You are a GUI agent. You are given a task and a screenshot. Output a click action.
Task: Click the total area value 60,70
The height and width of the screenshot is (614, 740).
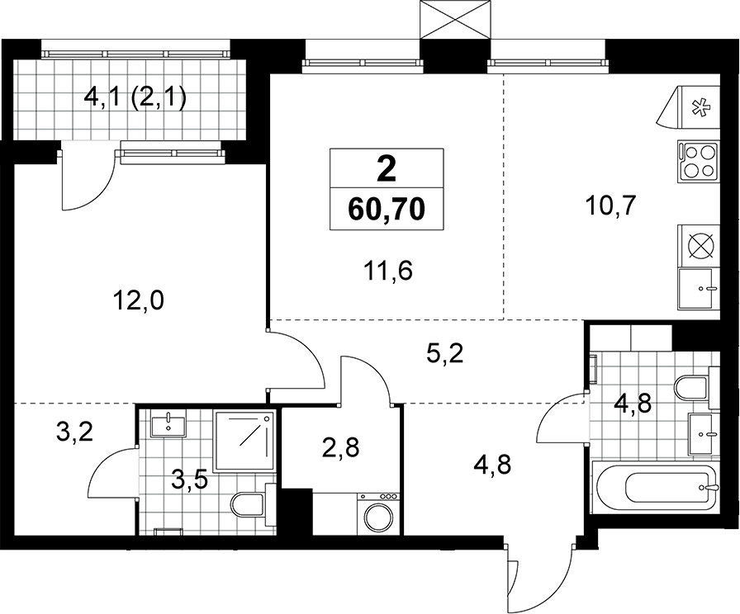pos(387,210)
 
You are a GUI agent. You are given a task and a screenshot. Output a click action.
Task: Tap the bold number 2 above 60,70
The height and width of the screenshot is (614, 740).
pos(387,170)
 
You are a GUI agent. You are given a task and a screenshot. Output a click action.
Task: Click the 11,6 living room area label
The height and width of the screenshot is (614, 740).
pos(388,272)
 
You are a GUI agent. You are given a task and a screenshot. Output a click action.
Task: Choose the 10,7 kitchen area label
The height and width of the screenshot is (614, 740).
pos(610,205)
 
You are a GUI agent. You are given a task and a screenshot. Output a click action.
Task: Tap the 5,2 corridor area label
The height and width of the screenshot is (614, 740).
pos(444,354)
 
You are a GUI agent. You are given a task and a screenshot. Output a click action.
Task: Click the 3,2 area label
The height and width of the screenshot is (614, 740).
pos(74,432)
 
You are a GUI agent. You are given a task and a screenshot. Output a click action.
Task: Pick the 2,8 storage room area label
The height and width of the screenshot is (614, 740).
pos(341,447)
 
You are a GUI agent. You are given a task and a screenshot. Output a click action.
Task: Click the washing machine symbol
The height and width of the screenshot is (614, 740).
pos(379,513)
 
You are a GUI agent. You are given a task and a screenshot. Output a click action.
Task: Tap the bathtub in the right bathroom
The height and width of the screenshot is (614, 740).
pos(657,488)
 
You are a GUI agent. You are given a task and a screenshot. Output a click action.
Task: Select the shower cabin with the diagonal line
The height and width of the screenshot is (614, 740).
pos(244,441)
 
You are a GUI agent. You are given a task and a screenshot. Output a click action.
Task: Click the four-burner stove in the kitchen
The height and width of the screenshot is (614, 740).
pos(699,161)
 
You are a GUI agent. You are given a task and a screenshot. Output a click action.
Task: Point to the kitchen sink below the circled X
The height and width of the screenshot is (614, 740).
pos(699,289)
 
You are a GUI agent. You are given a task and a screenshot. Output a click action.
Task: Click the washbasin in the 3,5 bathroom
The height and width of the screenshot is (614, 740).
pos(169,423)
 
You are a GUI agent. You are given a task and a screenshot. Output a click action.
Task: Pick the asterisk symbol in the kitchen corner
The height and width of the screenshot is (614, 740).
pos(697,107)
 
